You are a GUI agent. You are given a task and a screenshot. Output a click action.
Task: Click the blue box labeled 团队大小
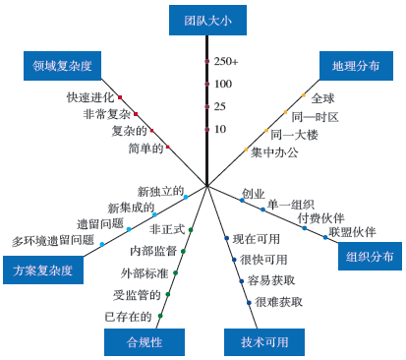(x=206, y=19)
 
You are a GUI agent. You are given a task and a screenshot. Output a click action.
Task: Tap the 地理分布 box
(x=356, y=67)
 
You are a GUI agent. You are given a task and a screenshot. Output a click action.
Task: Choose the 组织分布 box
(x=371, y=256)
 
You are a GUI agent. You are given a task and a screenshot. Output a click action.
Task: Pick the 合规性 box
(x=144, y=341)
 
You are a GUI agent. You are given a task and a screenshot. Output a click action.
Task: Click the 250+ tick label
(x=227, y=62)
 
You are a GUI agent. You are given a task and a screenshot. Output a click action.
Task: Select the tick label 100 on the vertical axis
(x=223, y=85)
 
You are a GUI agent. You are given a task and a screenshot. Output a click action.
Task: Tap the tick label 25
(x=220, y=106)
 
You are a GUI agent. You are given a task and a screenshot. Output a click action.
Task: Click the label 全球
(x=323, y=98)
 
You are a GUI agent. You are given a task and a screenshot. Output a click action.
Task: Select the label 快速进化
(x=89, y=97)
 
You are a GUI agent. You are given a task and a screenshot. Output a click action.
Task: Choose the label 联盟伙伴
(x=352, y=232)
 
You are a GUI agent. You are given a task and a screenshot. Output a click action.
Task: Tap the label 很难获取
(x=278, y=302)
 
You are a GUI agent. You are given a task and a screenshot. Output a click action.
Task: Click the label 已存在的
(x=128, y=317)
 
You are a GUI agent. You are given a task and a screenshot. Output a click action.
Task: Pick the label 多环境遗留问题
(x=53, y=239)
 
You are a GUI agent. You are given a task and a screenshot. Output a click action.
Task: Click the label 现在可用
(x=258, y=238)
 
